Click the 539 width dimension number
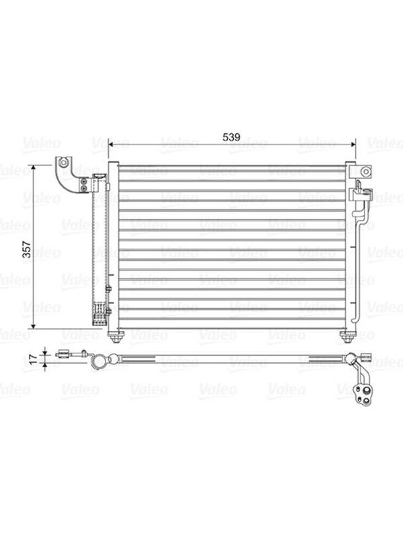point(231,137)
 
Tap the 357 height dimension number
point(27,249)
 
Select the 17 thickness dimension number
point(33,359)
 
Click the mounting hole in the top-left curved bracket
point(62,163)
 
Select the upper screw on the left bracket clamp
point(83,181)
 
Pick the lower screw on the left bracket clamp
point(83,188)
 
